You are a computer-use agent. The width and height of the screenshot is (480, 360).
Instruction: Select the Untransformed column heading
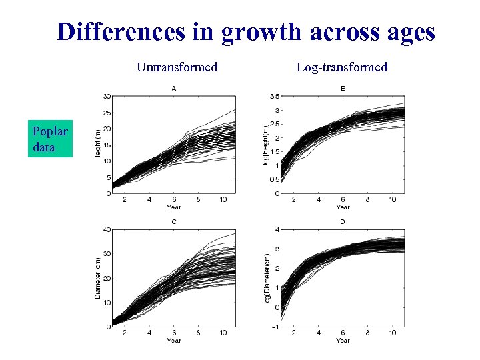tap(177, 67)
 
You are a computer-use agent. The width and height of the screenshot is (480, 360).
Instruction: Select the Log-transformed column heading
tap(342, 67)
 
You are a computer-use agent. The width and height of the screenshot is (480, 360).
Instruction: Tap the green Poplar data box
tap(50, 138)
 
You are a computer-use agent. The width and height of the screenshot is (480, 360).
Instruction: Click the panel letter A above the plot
tap(174, 88)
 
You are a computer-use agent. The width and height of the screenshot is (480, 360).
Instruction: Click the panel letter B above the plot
tap(343, 88)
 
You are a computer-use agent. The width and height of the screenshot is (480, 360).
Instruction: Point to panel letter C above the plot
tap(174, 222)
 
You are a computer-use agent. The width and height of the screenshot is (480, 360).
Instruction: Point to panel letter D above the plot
tap(343, 222)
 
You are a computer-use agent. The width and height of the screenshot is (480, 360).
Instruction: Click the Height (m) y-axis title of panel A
tap(97, 145)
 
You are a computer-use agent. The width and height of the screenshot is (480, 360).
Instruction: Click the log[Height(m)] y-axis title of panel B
tap(266, 145)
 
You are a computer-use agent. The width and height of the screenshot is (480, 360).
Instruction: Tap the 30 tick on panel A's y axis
tap(107, 97)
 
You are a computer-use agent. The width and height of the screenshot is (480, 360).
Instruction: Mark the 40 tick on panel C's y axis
tap(107, 230)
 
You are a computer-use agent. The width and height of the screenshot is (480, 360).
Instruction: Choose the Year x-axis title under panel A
tap(174, 207)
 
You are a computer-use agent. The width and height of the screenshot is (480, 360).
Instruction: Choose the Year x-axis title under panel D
tap(343, 340)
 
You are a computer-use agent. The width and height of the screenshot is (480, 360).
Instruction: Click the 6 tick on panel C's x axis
tap(174, 333)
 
